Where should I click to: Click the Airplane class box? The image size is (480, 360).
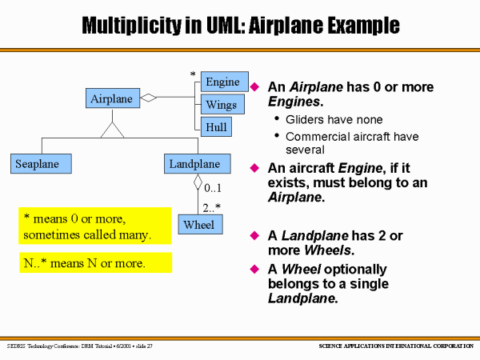111,98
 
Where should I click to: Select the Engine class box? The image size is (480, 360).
222,82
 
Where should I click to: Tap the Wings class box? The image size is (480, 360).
220,105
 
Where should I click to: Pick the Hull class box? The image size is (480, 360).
216,126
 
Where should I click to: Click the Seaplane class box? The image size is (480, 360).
41,164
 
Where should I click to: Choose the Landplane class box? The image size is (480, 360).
194,164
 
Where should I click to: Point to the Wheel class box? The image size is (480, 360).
198,225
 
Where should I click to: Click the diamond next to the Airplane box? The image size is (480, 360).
147,98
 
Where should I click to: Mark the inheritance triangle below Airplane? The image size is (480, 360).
112,130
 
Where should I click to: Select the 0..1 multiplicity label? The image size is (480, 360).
214,189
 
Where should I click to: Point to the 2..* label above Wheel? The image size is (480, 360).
213,207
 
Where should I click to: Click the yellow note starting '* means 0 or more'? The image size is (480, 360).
95,227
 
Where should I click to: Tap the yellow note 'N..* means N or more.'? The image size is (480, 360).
95,262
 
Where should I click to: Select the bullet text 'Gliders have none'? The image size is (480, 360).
328,119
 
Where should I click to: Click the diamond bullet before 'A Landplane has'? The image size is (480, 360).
256,235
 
